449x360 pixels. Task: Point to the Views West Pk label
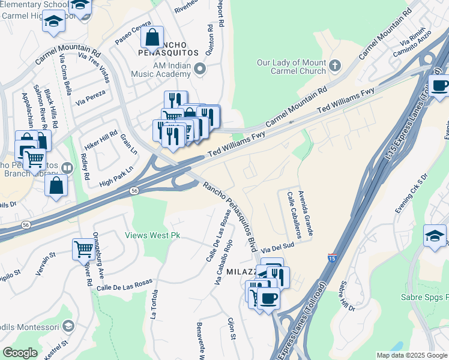(152, 236)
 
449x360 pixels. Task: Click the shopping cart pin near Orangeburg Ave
(83, 248)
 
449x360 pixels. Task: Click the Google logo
(20, 353)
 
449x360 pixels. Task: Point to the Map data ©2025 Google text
(411, 355)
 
